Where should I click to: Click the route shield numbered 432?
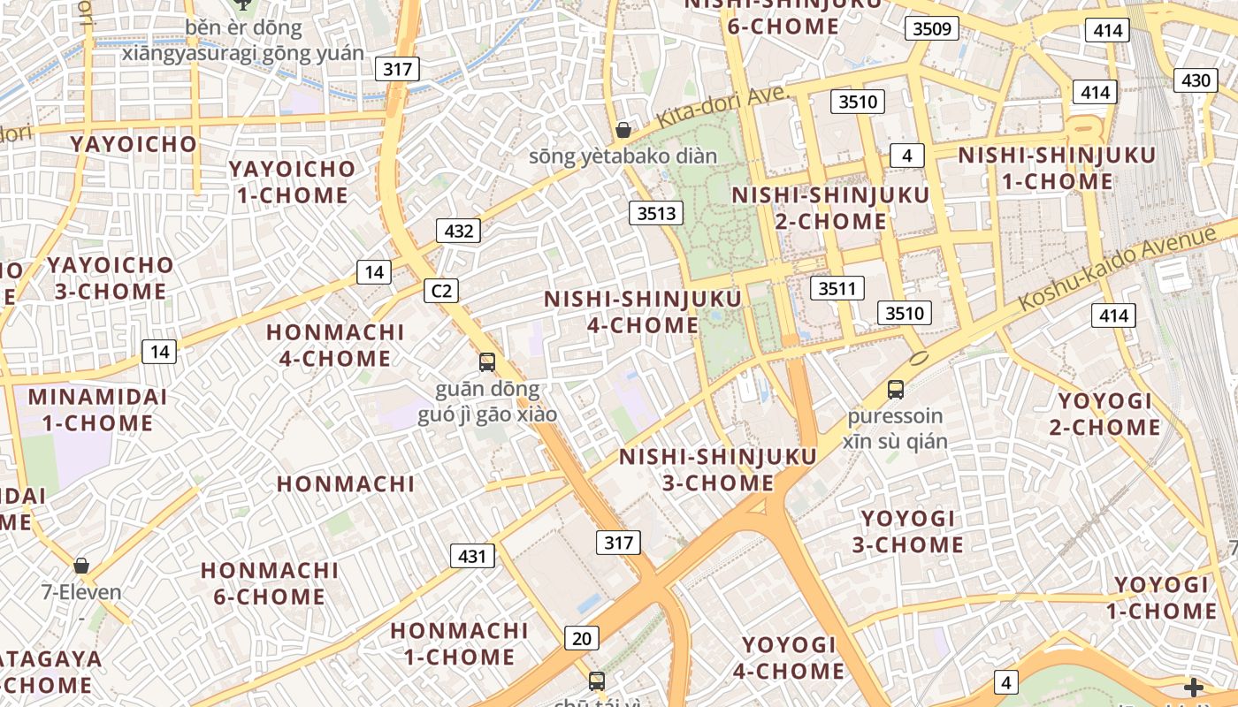click(x=459, y=232)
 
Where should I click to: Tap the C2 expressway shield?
click(x=441, y=290)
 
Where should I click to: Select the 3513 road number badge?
click(x=657, y=213)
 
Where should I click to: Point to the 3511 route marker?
click(x=837, y=288)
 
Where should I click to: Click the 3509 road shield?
click(x=932, y=29)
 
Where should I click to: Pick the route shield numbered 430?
click(x=1196, y=80)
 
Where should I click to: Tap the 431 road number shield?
click(x=473, y=556)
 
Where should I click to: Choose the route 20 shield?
click(x=580, y=638)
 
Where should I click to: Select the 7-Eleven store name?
click(x=81, y=592)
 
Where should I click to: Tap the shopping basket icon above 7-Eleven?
click(x=81, y=566)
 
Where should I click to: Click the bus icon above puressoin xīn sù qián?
click(x=896, y=390)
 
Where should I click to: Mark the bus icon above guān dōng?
click(x=487, y=361)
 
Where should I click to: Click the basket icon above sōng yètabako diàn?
click(x=623, y=131)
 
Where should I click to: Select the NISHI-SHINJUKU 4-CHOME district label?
click(x=622, y=312)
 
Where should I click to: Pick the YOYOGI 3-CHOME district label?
click(x=908, y=531)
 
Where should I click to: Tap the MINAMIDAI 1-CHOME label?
click(x=97, y=410)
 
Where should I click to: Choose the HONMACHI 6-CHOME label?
click(x=270, y=583)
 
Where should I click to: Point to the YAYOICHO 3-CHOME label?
click(x=111, y=278)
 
